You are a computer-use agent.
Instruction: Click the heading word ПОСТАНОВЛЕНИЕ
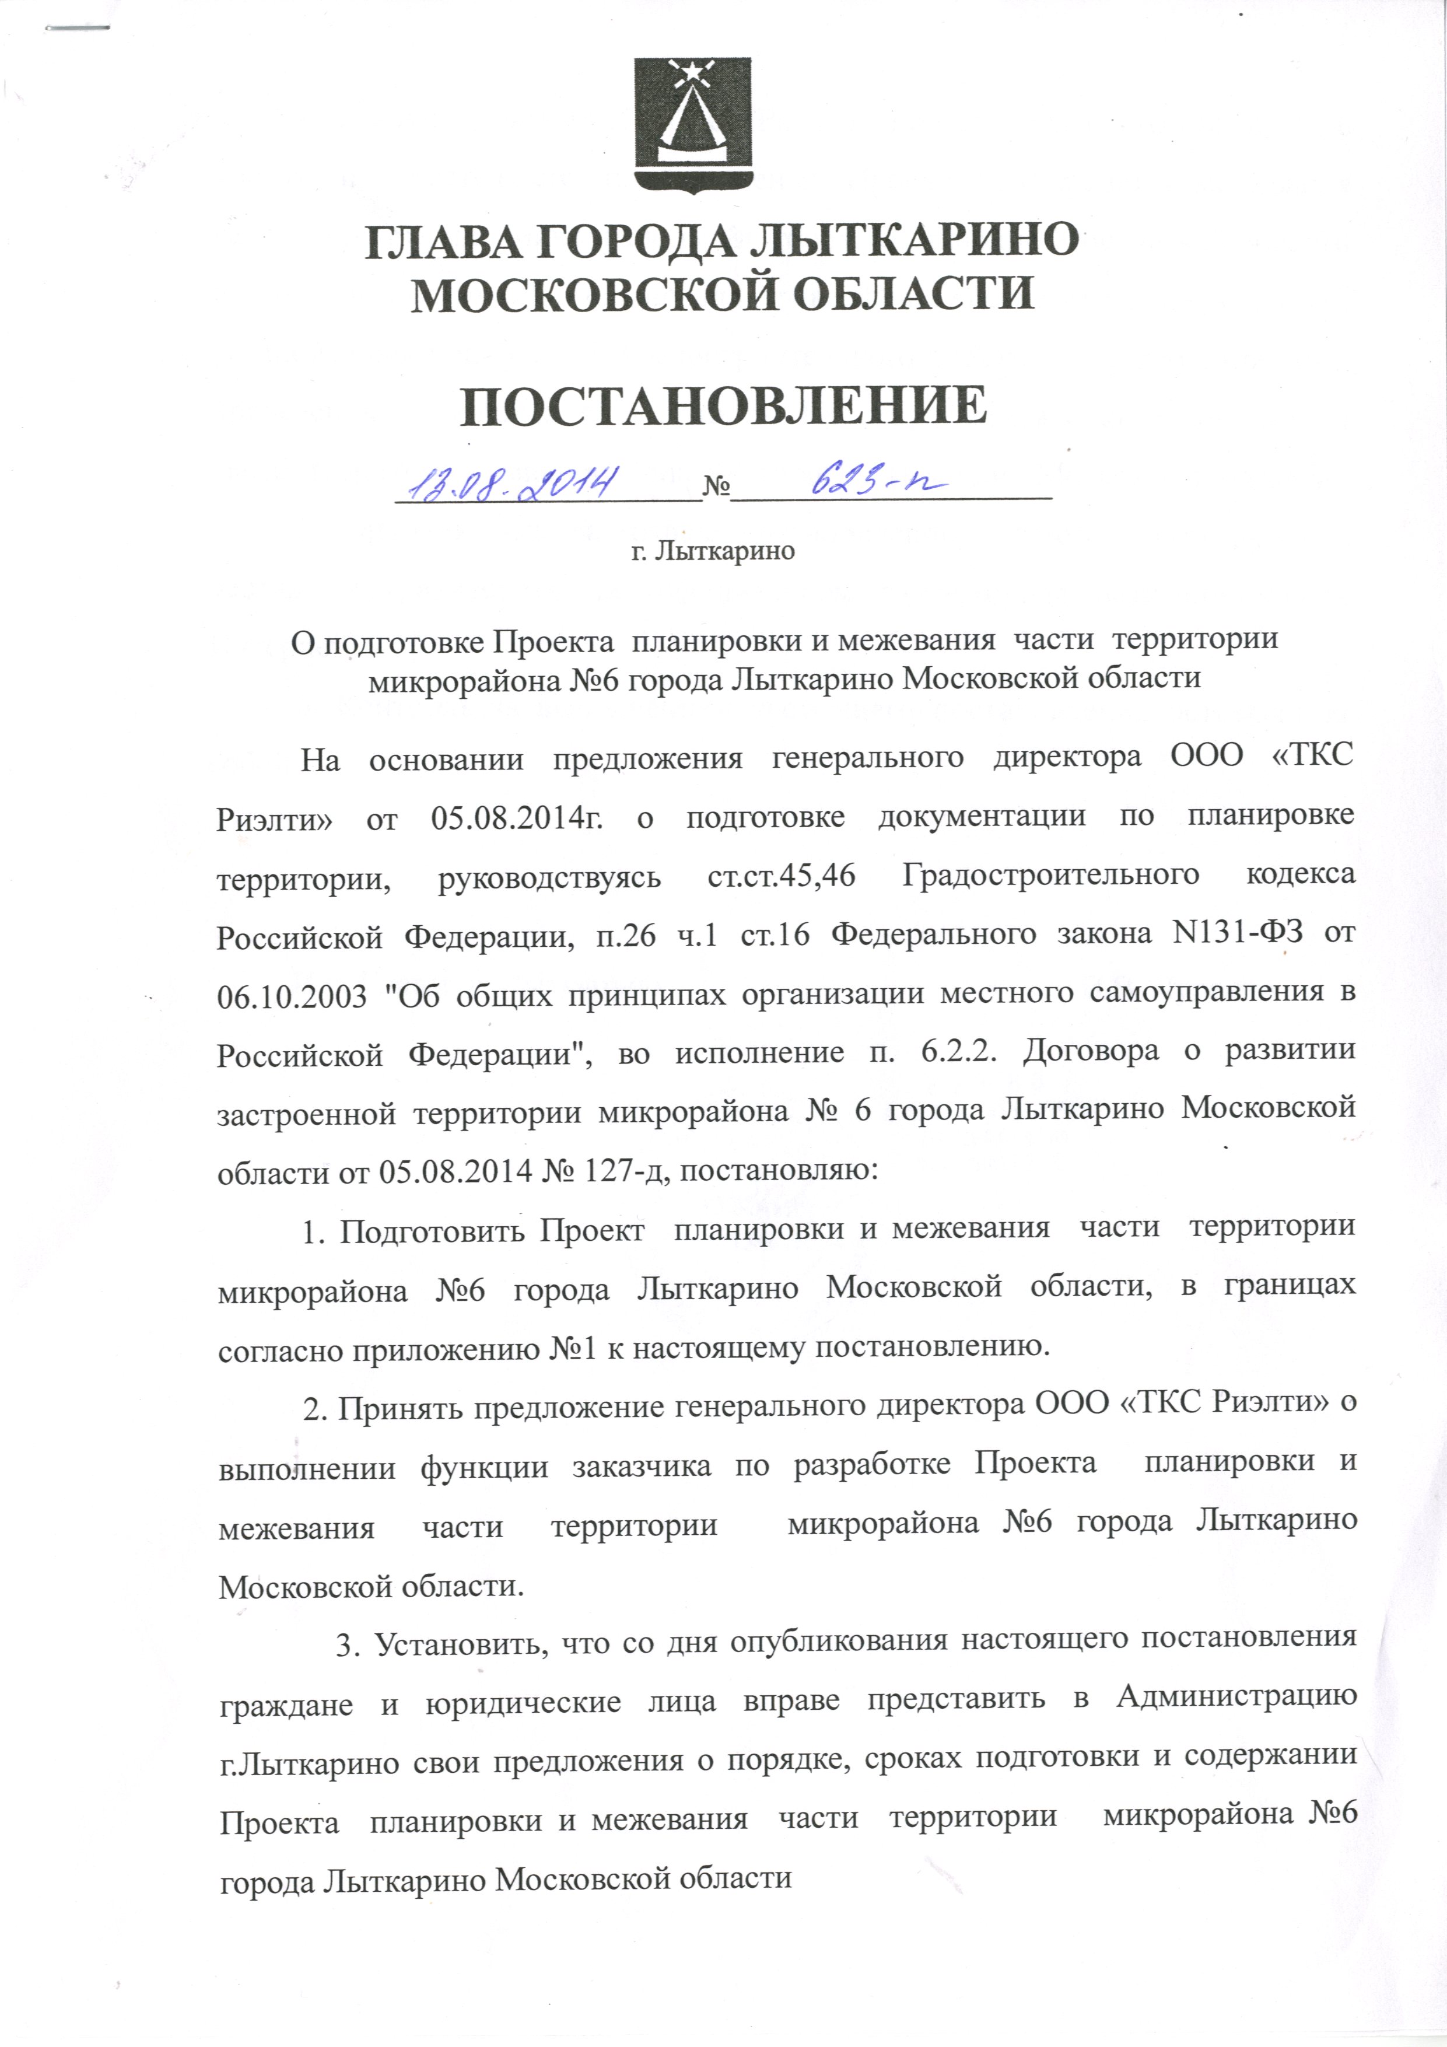tap(724, 407)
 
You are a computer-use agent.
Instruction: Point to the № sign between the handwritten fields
tap(717, 488)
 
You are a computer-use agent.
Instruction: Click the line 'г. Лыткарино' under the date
tap(712, 551)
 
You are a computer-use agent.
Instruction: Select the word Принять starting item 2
tap(400, 1408)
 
